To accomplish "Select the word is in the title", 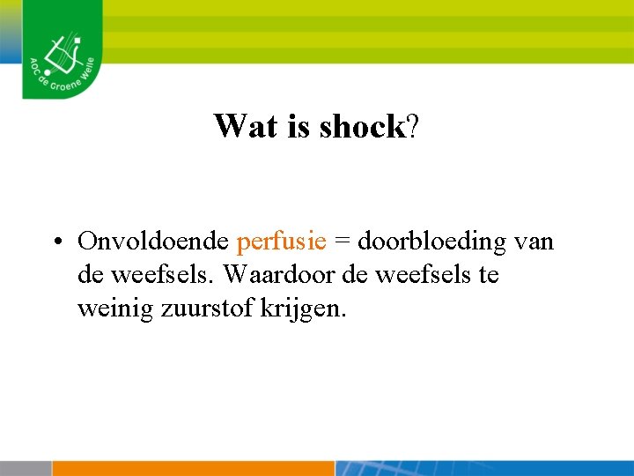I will coord(299,127).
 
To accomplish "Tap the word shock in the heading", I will coord(361,127).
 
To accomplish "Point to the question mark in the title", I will coord(413,127).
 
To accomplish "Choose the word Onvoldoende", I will coord(154,241).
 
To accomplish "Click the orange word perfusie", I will coord(282,241).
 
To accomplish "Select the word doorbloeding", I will coord(431,241).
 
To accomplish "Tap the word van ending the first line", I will coord(534,242).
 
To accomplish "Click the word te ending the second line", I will coord(488,275).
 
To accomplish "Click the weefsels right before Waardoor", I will coord(171,275).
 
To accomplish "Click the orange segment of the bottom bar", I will coord(194,468).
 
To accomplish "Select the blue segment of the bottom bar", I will coord(484,468).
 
